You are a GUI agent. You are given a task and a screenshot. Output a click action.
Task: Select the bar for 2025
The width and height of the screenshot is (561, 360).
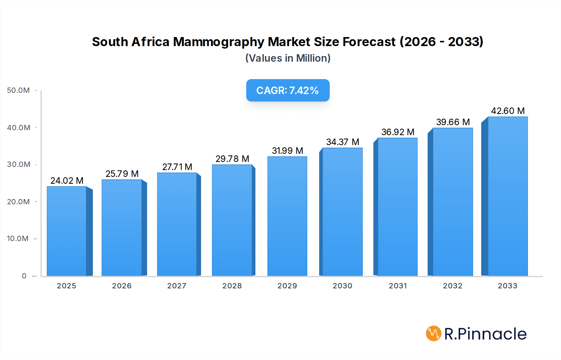[67, 231]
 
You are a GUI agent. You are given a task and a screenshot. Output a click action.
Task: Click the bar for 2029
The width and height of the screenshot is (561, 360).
[287, 216]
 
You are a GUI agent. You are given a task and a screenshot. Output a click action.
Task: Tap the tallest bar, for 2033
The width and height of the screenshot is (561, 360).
[507, 196]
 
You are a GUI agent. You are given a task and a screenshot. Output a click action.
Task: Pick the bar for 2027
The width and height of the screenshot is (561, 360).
[177, 224]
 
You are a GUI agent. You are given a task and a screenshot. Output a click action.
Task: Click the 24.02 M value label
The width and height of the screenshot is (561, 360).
[67, 181]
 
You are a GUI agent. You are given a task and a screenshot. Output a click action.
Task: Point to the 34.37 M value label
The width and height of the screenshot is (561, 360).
[343, 142]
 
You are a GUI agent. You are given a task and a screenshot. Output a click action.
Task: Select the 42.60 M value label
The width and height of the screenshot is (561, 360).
[508, 111]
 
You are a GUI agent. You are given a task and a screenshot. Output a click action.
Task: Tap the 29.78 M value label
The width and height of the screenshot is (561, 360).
[232, 159]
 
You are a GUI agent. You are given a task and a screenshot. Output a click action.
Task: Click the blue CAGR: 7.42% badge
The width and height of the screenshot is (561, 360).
[288, 90]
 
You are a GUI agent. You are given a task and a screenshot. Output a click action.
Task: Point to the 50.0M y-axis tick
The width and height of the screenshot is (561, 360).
[18, 90]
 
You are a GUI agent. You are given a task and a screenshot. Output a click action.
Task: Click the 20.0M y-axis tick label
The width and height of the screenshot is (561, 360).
[18, 202]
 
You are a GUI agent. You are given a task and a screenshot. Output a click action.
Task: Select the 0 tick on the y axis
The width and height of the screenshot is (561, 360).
[24, 276]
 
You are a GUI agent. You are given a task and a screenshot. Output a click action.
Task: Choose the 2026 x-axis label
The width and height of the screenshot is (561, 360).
[122, 286]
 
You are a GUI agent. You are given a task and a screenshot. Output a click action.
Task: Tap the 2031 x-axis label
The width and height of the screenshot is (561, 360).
[398, 286]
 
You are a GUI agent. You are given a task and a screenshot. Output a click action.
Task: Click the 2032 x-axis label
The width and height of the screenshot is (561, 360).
[453, 286]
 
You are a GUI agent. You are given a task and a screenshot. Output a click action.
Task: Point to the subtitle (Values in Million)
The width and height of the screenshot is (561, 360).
[288, 58]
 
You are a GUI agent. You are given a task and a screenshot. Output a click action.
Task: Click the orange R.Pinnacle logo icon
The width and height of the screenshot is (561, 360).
[434, 334]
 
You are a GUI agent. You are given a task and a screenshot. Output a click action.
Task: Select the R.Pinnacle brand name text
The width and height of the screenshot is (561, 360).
[485, 334]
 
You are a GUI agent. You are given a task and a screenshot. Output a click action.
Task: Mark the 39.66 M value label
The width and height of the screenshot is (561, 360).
[453, 122]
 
